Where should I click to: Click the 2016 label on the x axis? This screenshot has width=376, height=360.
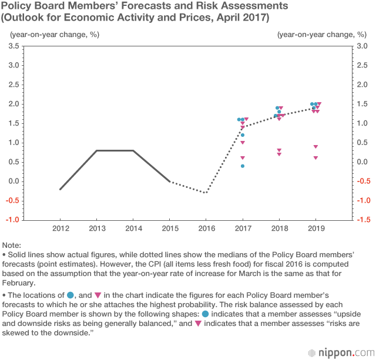click(206, 227)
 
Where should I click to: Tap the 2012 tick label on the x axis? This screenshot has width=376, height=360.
click(60, 227)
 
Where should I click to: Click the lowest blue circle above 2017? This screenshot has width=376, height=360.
click(242, 166)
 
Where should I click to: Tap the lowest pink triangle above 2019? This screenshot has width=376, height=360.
click(315, 158)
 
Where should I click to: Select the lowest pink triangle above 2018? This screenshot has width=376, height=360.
click(279, 154)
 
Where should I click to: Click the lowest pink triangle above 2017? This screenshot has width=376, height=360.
click(242, 158)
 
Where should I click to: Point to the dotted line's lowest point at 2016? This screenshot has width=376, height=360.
click(206, 193)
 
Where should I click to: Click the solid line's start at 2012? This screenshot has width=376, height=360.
click(61, 189)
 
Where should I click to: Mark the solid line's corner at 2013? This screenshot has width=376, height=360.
click(97, 151)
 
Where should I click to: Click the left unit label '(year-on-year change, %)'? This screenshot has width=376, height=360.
click(54, 33)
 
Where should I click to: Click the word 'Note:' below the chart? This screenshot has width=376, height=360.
click(12, 244)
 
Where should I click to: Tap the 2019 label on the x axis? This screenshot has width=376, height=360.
click(315, 227)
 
